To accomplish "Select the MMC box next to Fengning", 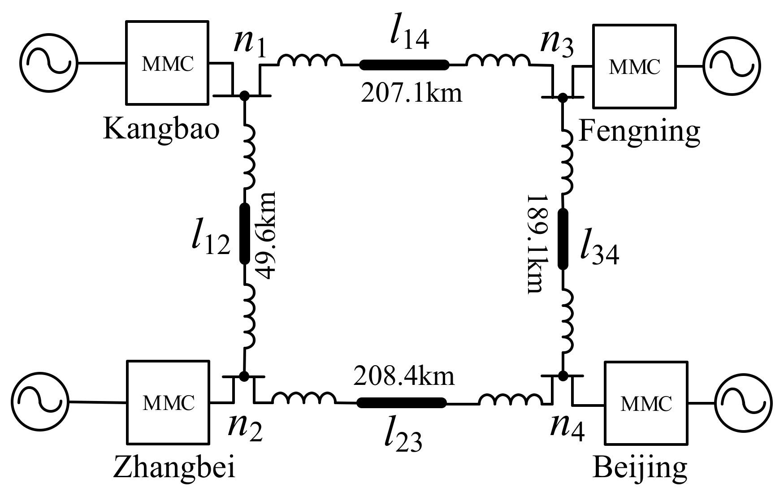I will [634, 66].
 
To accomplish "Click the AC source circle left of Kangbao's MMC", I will [49, 62].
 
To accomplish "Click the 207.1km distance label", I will [411, 94].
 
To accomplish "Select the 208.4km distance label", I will [404, 376].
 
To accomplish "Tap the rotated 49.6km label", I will [267, 236].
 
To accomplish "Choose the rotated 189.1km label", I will [535, 244].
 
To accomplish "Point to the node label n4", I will [567, 429].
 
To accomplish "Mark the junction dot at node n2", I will [244, 376].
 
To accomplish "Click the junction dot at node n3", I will [561, 96].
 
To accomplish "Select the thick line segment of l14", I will [404, 65].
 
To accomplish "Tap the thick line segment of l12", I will [244, 233].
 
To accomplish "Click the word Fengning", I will [639, 131].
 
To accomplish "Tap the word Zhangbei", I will [174, 468].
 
